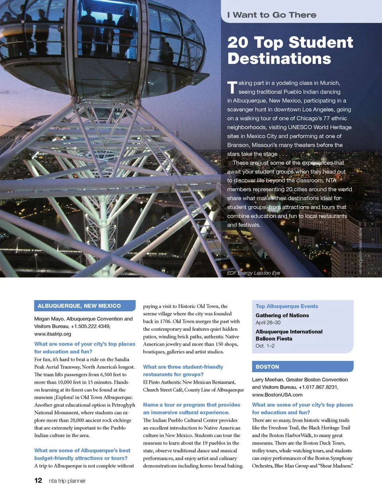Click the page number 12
coord(38,480)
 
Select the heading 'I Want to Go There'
coord(272,15)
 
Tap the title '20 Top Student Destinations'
coord(290,51)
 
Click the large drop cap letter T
coord(232,88)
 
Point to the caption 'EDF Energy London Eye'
coord(253,273)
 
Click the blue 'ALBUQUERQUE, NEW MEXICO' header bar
coord(85,306)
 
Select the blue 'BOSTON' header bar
coord(302,367)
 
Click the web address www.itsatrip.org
coord(53,334)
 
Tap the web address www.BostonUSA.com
coord(277,395)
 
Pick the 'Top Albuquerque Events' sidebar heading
coord(286,306)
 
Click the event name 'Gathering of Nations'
coord(282,315)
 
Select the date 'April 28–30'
coord(268,323)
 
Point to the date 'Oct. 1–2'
coord(265,346)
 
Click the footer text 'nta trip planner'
coord(67,481)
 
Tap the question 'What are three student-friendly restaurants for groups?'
coord(183,371)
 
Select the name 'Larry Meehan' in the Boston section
coord(267,380)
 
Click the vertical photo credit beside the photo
coord(361,251)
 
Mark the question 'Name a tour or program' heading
coord(191,408)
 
